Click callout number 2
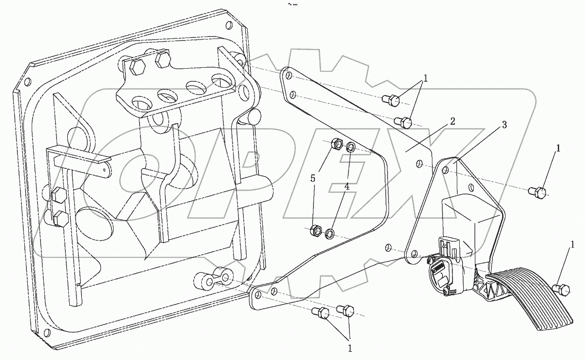point(453,121)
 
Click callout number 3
point(504,125)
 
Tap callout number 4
point(347,186)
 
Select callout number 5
point(313,178)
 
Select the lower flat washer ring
point(330,234)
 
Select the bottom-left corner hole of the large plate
point(47,333)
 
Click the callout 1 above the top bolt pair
point(426,78)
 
